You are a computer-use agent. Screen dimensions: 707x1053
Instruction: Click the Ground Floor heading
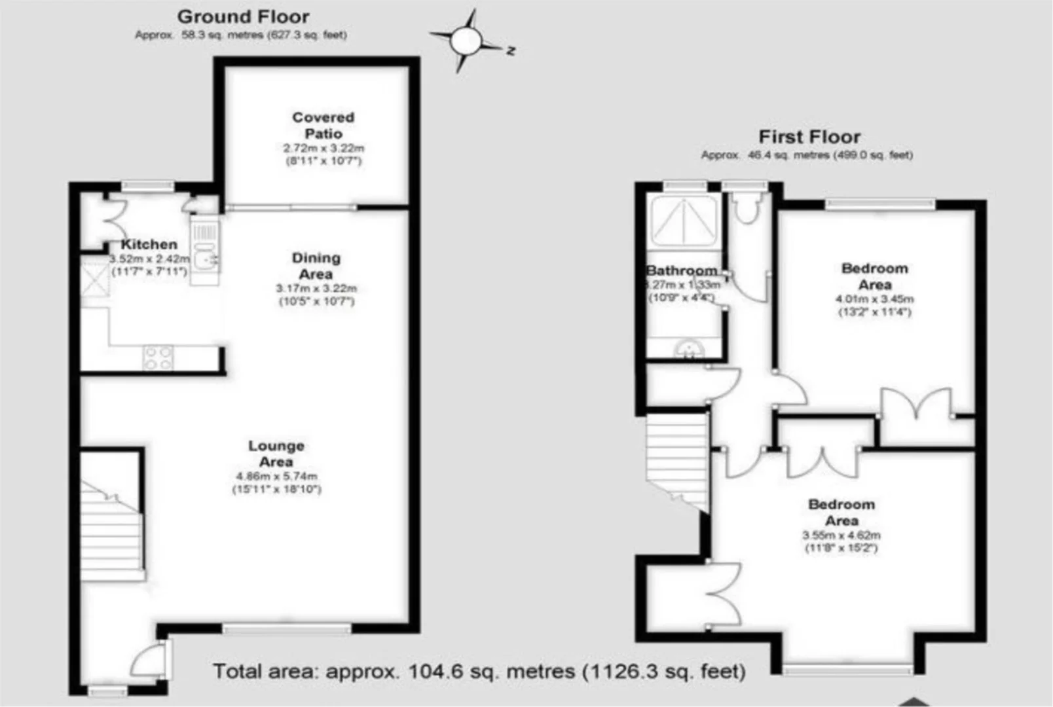click(x=243, y=17)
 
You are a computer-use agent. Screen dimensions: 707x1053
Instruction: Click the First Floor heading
click(x=809, y=137)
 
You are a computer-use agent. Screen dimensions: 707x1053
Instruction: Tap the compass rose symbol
click(x=466, y=41)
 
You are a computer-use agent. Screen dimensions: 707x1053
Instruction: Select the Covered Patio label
click(x=323, y=125)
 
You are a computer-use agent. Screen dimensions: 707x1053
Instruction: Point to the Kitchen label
click(x=149, y=244)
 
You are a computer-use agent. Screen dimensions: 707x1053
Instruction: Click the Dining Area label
click(x=316, y=266)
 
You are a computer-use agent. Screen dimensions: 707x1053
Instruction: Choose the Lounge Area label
click(x=276, y=454)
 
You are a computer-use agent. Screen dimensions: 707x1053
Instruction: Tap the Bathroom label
click(x=682, y=270)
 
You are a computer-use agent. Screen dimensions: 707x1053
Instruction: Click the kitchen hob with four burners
click(x=158, y=357)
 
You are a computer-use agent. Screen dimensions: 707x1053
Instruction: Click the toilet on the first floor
click(x=745, y=208)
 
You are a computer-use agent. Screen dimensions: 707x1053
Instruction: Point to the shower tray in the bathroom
click(x=684, y=220)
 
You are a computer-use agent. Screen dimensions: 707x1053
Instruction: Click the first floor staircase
click(x=678, y=458)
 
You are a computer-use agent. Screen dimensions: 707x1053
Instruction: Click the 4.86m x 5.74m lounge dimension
click(x=276, y=476)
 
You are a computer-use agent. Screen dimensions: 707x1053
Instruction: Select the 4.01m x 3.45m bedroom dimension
click(x=874, y=299)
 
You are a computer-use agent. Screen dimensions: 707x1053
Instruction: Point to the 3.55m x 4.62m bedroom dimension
click(x=841, y=535)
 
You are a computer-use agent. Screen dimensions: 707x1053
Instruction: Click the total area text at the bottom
click(x=479, y=671)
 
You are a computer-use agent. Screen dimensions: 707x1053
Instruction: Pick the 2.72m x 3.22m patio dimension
click(x=323, y=149)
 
